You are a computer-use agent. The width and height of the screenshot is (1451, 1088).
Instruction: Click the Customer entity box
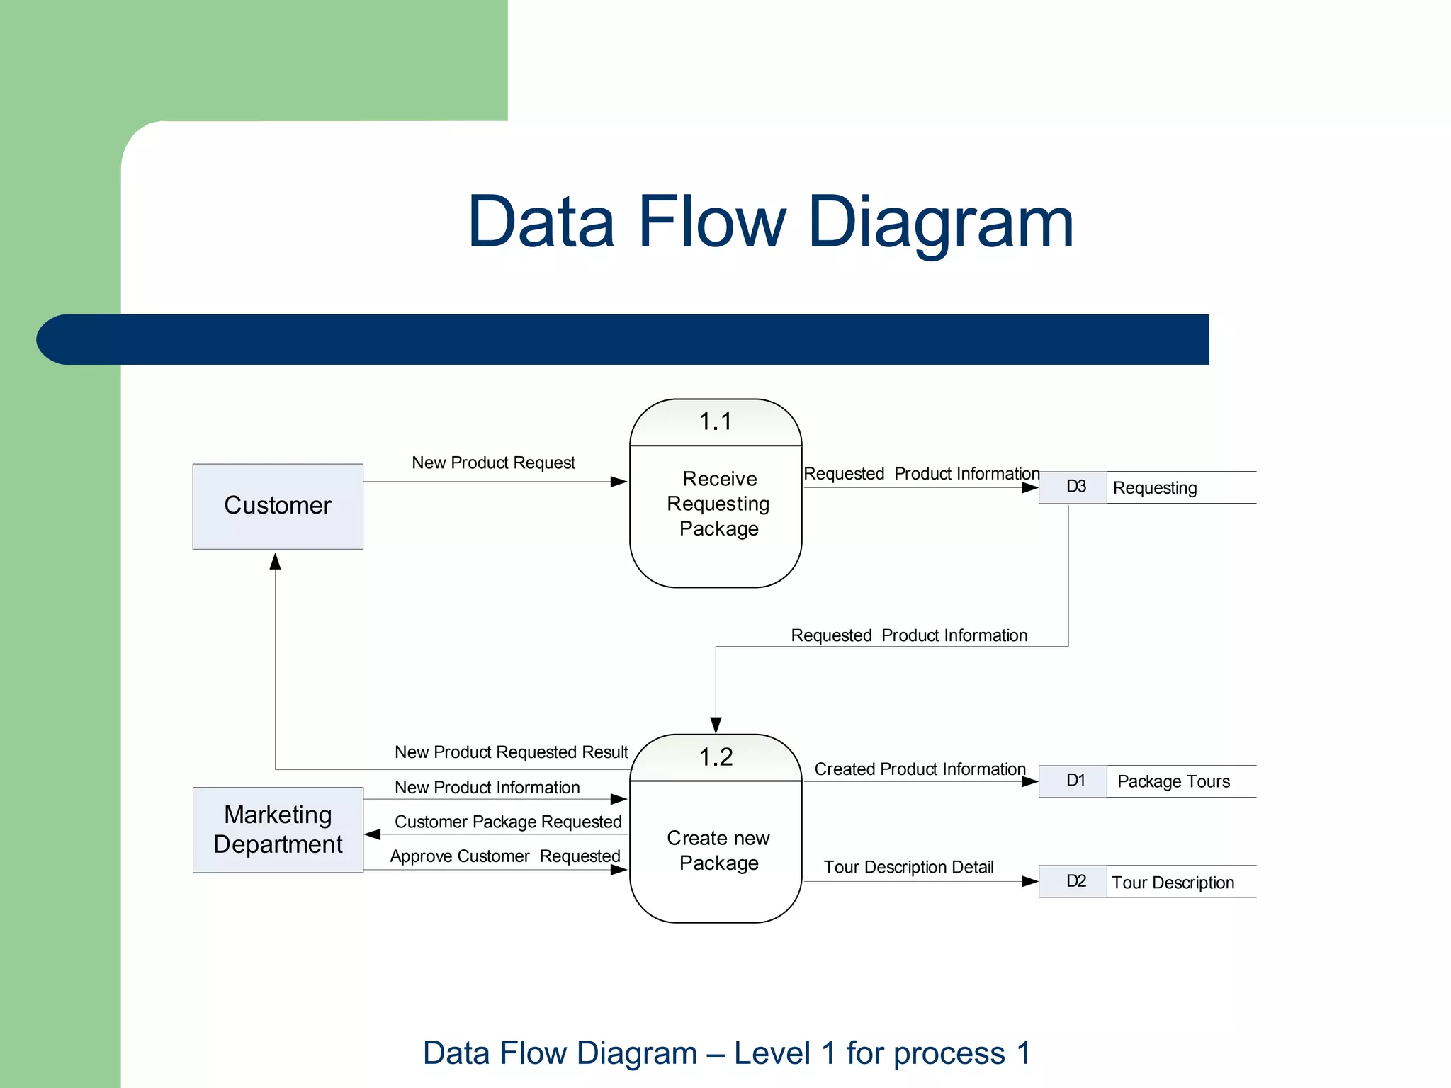(278, 506)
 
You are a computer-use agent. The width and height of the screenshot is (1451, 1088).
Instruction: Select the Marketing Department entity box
(278, 829)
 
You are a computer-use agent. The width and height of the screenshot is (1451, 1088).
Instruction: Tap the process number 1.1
(716, 421)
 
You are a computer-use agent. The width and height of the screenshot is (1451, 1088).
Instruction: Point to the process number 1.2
(716, 757)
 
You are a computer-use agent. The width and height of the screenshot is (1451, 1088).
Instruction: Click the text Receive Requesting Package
(718, 504)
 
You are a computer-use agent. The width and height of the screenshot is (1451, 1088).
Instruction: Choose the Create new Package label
(718, 850)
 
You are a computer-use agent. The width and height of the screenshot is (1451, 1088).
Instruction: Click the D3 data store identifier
(1075, 487)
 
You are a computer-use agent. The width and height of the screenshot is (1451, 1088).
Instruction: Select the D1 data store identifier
(1075, 781)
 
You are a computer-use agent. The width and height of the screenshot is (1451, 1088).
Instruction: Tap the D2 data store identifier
(1075, 881)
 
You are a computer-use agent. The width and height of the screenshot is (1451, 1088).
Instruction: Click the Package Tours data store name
(1173, 781)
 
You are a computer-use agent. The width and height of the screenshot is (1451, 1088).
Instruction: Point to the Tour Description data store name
(1173, 883)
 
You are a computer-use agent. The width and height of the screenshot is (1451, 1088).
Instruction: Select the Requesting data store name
(1155, 488)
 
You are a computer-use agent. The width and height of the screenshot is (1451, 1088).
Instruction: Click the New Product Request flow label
(493, 463)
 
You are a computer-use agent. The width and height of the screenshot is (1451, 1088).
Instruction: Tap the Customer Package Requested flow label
(508, 822)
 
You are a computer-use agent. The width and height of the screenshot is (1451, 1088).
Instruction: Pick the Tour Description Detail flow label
(908, 867)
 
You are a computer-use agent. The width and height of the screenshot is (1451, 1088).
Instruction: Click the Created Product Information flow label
(920, 769)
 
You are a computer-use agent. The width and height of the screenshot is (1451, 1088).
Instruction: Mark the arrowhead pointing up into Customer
(276, 561)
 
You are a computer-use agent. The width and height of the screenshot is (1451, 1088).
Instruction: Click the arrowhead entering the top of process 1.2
(716, 725)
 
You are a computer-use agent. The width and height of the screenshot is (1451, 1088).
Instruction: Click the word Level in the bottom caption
(772, 1053)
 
